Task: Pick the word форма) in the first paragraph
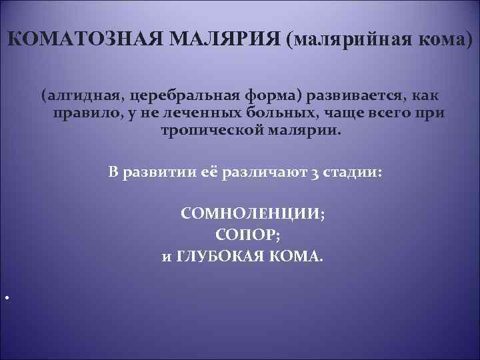(x=276, y=97)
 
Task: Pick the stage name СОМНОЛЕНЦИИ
(x=251, y=215)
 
